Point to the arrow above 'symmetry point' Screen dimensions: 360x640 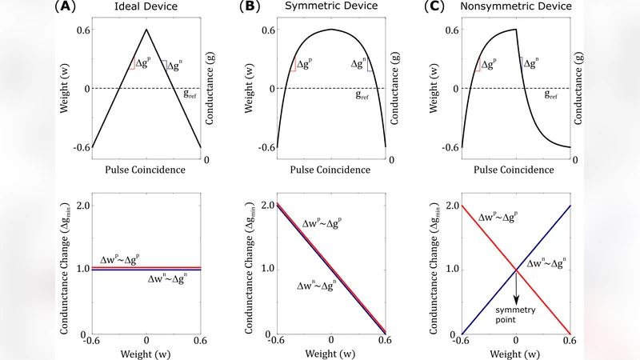(516, 285)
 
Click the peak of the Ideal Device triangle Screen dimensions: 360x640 (146, 30)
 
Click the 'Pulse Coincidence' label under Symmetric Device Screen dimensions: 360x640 (331, 170)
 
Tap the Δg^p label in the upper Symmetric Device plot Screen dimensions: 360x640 (305, 65)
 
